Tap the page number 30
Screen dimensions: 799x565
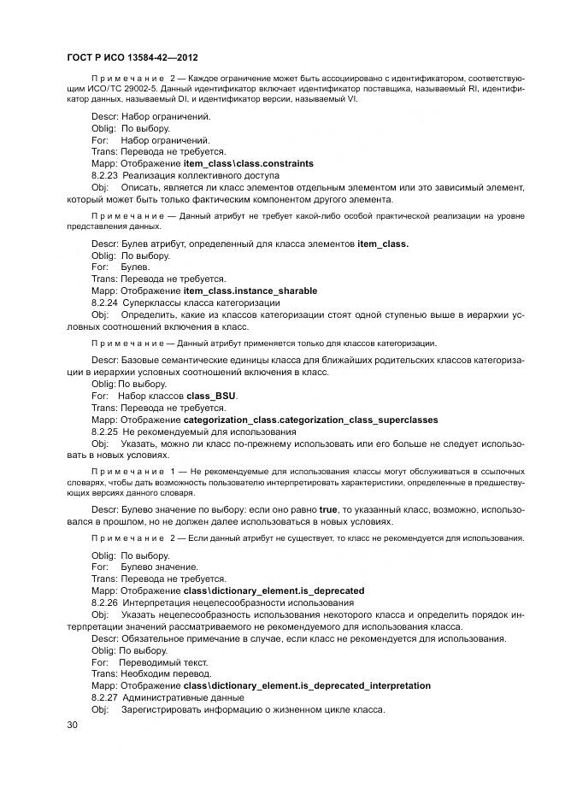[x=73, y=725]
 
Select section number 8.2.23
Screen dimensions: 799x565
[x=105, y=174]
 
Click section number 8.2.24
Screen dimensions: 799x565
[x=105, y=303]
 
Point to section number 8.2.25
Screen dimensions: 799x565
[x=105, y=432]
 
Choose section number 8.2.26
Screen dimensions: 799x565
[x=105, y=602]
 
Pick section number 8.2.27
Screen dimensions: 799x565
[x=105, y=698]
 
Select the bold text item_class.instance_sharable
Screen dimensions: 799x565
[x=250, y=291]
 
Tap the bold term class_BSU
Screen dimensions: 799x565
[x=211, y=397]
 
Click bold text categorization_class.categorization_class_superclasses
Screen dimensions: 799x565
[x=310, y=420]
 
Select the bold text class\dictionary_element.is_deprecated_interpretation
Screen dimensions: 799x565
[x=307, y=686]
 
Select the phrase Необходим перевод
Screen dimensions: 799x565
[x=168, y=674]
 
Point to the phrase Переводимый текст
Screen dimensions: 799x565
[x=163, y=662]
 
